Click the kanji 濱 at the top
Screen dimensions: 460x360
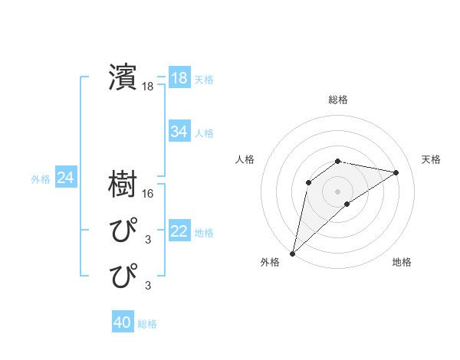click(x=123, y=77)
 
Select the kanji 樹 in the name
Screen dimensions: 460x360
click(x=123, y=185)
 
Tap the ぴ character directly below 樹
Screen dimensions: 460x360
click(x=123, y=230)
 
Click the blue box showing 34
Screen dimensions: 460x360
click(x=179, y=132)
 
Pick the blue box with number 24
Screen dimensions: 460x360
click(x=65, y=178)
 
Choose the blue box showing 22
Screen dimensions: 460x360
click(x=179, y=231)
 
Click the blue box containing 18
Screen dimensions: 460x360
click(x=179, y=78)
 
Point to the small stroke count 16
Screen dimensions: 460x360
click(x=148, y=195)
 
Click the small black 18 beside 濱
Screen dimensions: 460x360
click(x=148, y=87)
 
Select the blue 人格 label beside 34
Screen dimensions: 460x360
click(x=204, y=133)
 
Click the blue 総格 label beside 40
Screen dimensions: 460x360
click(x=147, y=324)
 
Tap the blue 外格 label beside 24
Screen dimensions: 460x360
click(x=41, y=179)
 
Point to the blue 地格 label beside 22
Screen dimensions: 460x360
click(x=204, y=232)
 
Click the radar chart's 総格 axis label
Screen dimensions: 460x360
click(x=337, y=100)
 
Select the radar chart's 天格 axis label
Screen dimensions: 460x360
click(x=432, y=159)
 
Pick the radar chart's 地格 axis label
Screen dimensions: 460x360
click(x=402, y=262)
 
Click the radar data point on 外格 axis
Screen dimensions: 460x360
click(x=292, y=253)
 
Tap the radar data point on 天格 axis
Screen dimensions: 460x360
click(x=396, y=172)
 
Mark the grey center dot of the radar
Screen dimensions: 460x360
click(x=337, y=191)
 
